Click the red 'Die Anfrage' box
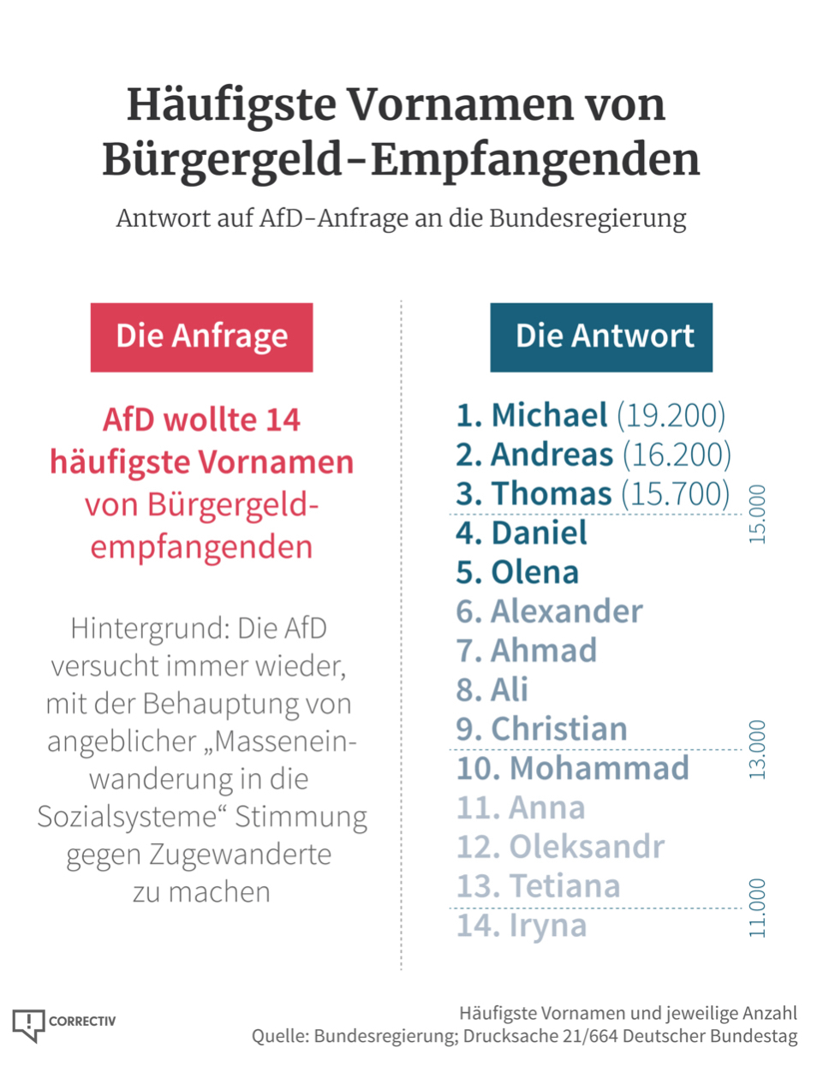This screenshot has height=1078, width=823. tap(201, 337)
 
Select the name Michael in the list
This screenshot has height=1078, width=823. tap(549, 415)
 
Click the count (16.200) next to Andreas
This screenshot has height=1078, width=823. tap(677, 455)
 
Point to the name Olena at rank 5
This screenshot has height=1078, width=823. tap(534, 572)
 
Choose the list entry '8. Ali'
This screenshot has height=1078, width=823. tap(492, 689)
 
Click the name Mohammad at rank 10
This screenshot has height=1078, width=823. tap(599, 768)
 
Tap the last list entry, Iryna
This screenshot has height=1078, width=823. tap(547, 926)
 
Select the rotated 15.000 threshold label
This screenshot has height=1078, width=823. tap(757, 514)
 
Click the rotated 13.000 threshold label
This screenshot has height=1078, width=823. tap(757, 749)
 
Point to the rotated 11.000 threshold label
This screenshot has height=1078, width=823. tap(757, 908)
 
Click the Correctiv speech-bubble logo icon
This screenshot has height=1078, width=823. tap(28, 1024)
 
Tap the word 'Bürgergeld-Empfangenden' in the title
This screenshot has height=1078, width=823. tap(401, 159)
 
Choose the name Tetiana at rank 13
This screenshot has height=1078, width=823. tap(564, 886)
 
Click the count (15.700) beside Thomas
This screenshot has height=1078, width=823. tap(676, 494)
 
